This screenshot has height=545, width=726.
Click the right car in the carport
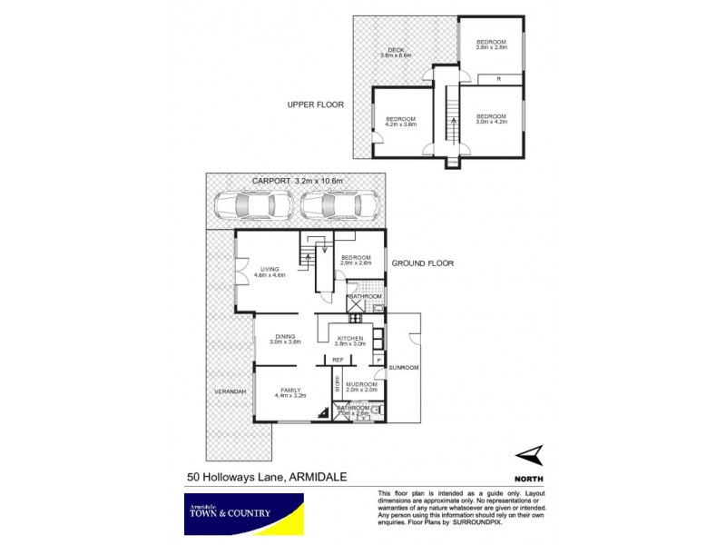point(340,206)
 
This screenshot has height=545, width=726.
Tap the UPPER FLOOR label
point(317,104)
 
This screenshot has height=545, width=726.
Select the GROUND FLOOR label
point(422,263)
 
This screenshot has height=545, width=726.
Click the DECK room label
point(396,52)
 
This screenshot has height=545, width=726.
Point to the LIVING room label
point(270,270)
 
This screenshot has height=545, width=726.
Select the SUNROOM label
point(402,368)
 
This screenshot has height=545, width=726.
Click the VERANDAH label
point(231,391)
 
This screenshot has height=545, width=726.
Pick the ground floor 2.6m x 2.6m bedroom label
point(357,261)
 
